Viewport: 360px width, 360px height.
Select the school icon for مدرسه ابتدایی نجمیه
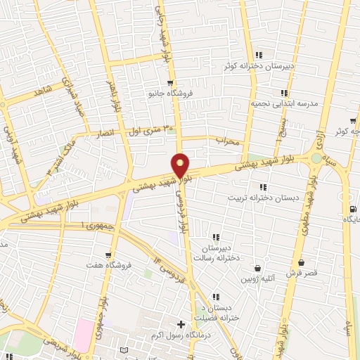pos(283,93)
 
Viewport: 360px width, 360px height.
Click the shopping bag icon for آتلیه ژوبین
pos(259,268)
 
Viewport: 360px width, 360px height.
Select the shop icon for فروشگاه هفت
pos(108,255)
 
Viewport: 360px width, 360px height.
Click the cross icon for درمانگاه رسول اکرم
pos(181,324)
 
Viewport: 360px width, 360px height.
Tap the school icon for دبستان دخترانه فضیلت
pos(215,297)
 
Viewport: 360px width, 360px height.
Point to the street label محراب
pos(228,141)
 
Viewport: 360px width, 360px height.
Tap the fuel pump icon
pos(352,208)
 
